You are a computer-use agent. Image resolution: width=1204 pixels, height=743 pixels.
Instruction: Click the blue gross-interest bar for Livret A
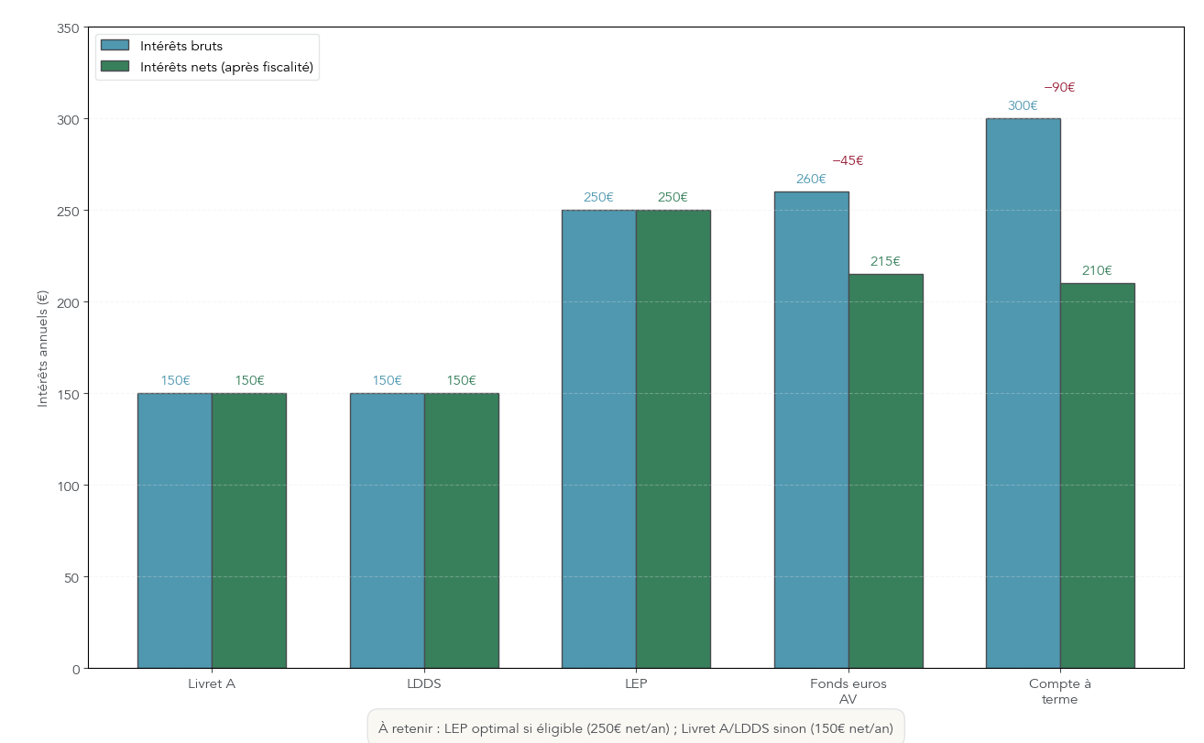click(174, 531)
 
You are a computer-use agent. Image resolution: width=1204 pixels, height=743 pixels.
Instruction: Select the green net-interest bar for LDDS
click(461, 531)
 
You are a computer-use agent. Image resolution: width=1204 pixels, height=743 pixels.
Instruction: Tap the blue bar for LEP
click(598, 440)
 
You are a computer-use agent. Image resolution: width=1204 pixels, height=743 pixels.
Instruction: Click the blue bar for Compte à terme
click(1023, 394)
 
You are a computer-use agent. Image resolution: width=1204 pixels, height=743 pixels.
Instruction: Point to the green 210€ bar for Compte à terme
click(1097, 476)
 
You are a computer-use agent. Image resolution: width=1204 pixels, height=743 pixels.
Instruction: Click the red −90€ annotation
click(1059, 88)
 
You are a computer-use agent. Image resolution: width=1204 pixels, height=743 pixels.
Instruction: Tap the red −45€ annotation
click(848, 161)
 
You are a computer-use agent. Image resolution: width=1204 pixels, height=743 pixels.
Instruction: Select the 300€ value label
click(1023, 106)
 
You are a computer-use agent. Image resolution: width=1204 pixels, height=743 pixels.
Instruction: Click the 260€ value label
click(811, 180)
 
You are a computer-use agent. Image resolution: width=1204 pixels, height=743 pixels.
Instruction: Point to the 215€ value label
click(885, 262)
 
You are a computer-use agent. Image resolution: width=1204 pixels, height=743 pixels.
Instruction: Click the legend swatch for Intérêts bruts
click(115, 46)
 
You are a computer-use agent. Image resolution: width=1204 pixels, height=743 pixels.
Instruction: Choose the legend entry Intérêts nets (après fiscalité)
click(226, 67)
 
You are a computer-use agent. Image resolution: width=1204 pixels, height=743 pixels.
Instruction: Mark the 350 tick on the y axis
click(68, 28)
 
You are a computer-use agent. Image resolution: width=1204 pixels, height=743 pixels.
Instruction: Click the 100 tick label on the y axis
click(68, 486)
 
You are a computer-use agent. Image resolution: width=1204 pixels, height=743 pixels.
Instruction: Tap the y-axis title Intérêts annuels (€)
click(42, 348)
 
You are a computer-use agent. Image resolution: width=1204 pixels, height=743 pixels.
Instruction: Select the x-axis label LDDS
click(424, 683)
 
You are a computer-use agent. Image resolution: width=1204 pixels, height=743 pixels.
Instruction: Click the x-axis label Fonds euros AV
click(848, 691)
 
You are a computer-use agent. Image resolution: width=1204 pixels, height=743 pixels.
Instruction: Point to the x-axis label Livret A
click(212, 683)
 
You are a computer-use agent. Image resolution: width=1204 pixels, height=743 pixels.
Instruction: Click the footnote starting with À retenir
click(635, 728)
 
